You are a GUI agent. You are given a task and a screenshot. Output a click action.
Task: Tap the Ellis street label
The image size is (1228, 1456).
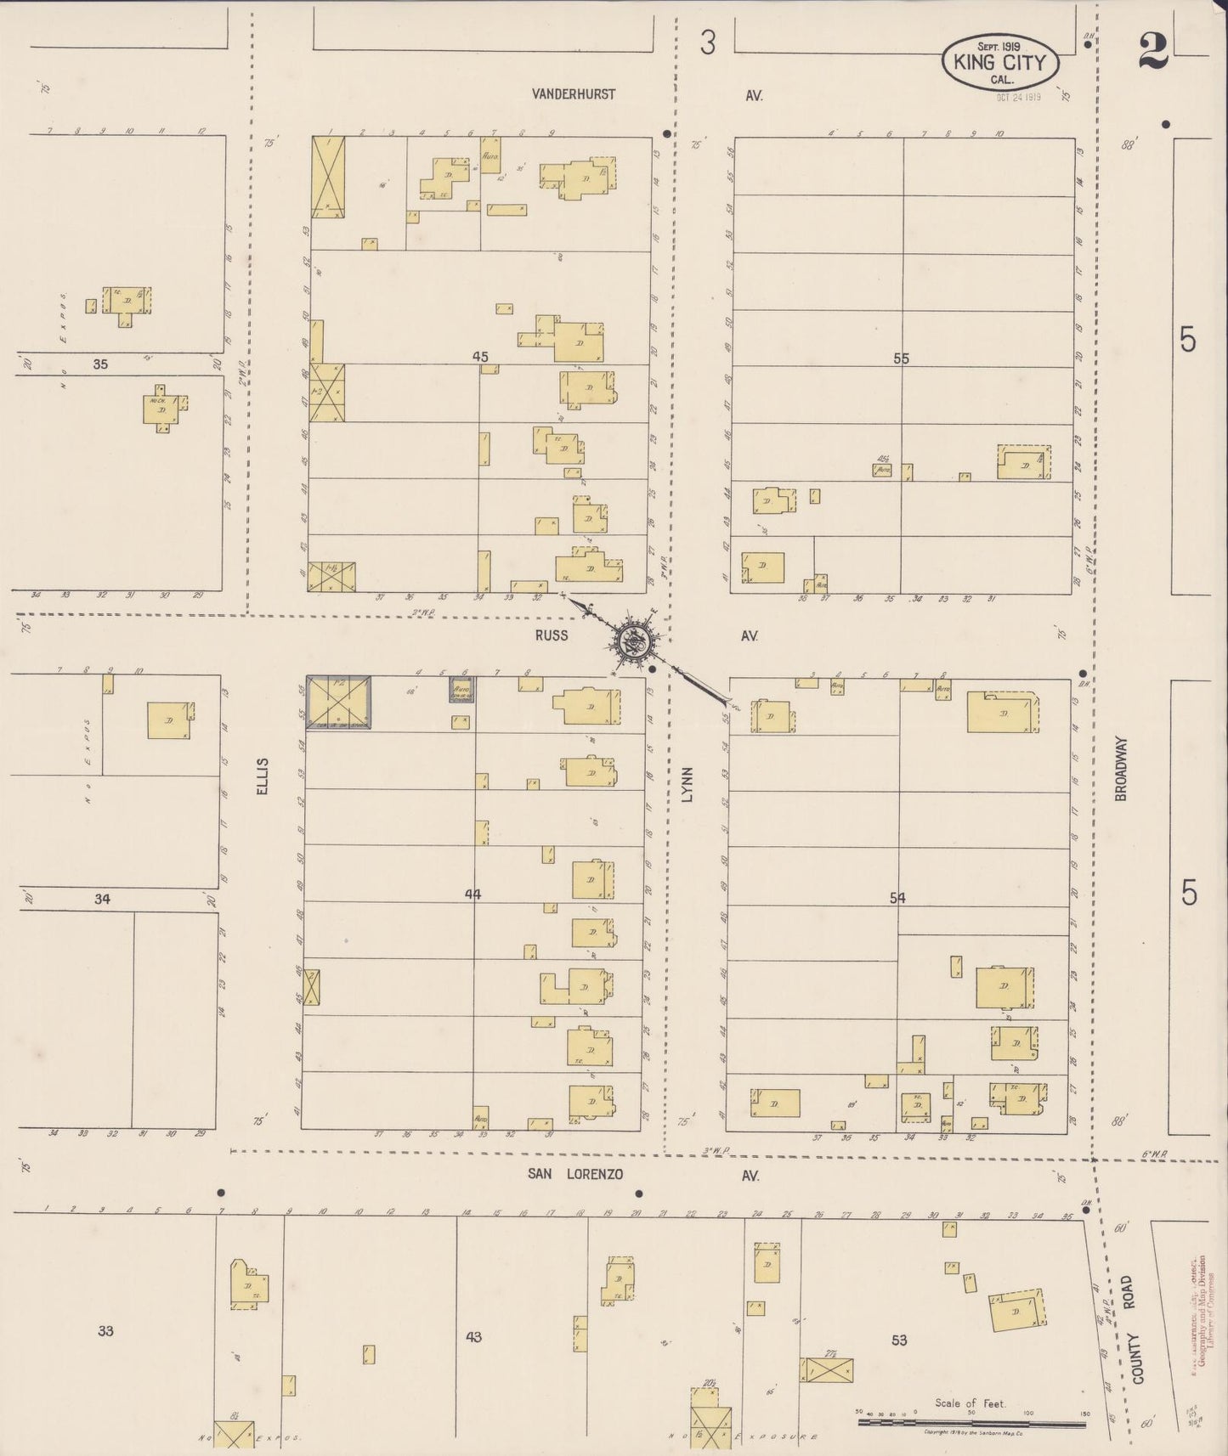(263, 776)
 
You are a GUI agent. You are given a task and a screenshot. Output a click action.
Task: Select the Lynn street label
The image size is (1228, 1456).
(688, 784)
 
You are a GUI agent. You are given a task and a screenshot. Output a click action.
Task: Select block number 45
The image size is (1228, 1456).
(480, 357)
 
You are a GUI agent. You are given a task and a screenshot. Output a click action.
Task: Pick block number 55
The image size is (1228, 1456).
(901, 358)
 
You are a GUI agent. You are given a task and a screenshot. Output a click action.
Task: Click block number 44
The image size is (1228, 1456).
(473, 894)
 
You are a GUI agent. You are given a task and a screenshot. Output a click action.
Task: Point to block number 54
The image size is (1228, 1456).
(897, 898)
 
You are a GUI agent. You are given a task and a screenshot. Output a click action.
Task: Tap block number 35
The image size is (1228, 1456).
(101, 364)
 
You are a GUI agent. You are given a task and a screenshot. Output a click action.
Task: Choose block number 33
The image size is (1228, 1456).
(105, 1330)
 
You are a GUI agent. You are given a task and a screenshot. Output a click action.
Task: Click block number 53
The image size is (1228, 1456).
(899, 1340)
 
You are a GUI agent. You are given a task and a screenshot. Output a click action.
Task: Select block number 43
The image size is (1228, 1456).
(473, 1336)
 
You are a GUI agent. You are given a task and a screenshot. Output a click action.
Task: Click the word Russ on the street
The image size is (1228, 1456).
(552, 635)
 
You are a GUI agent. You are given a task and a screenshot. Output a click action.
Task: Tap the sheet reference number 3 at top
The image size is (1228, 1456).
(707, 42)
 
